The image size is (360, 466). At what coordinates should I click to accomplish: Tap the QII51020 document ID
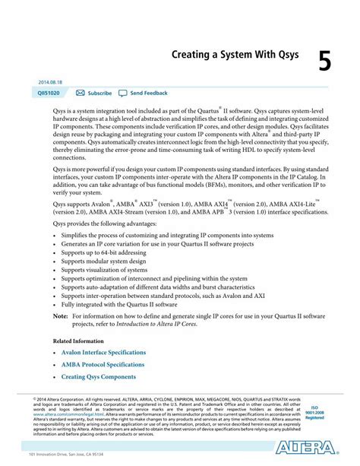[49, 93]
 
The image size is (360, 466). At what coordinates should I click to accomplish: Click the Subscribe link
[99, 93]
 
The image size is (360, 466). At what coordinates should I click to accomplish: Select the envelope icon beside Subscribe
[81, 93]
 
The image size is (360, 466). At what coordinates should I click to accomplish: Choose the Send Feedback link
[149, 93]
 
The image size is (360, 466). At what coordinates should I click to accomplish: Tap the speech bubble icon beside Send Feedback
[123, 93]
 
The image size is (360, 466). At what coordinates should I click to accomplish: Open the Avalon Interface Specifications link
[104, 353]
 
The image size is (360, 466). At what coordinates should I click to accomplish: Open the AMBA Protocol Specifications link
[103, 365]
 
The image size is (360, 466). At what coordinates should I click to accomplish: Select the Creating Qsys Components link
[99, 377]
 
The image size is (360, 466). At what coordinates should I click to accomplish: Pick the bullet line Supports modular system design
[103, 260]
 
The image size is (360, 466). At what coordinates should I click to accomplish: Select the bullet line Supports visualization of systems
[104, 269]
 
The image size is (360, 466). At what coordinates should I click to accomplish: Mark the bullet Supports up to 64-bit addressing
[105, 251]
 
